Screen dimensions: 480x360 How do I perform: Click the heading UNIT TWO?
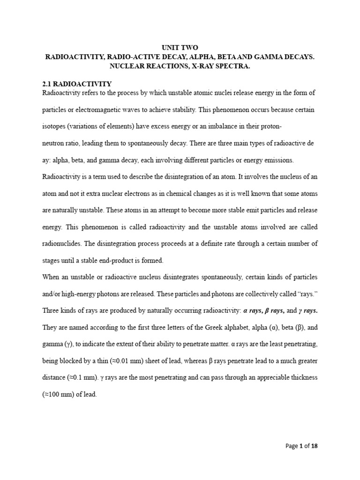180,48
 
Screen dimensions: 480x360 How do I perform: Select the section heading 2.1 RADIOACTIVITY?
77,83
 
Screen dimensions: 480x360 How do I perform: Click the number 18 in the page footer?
314,446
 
